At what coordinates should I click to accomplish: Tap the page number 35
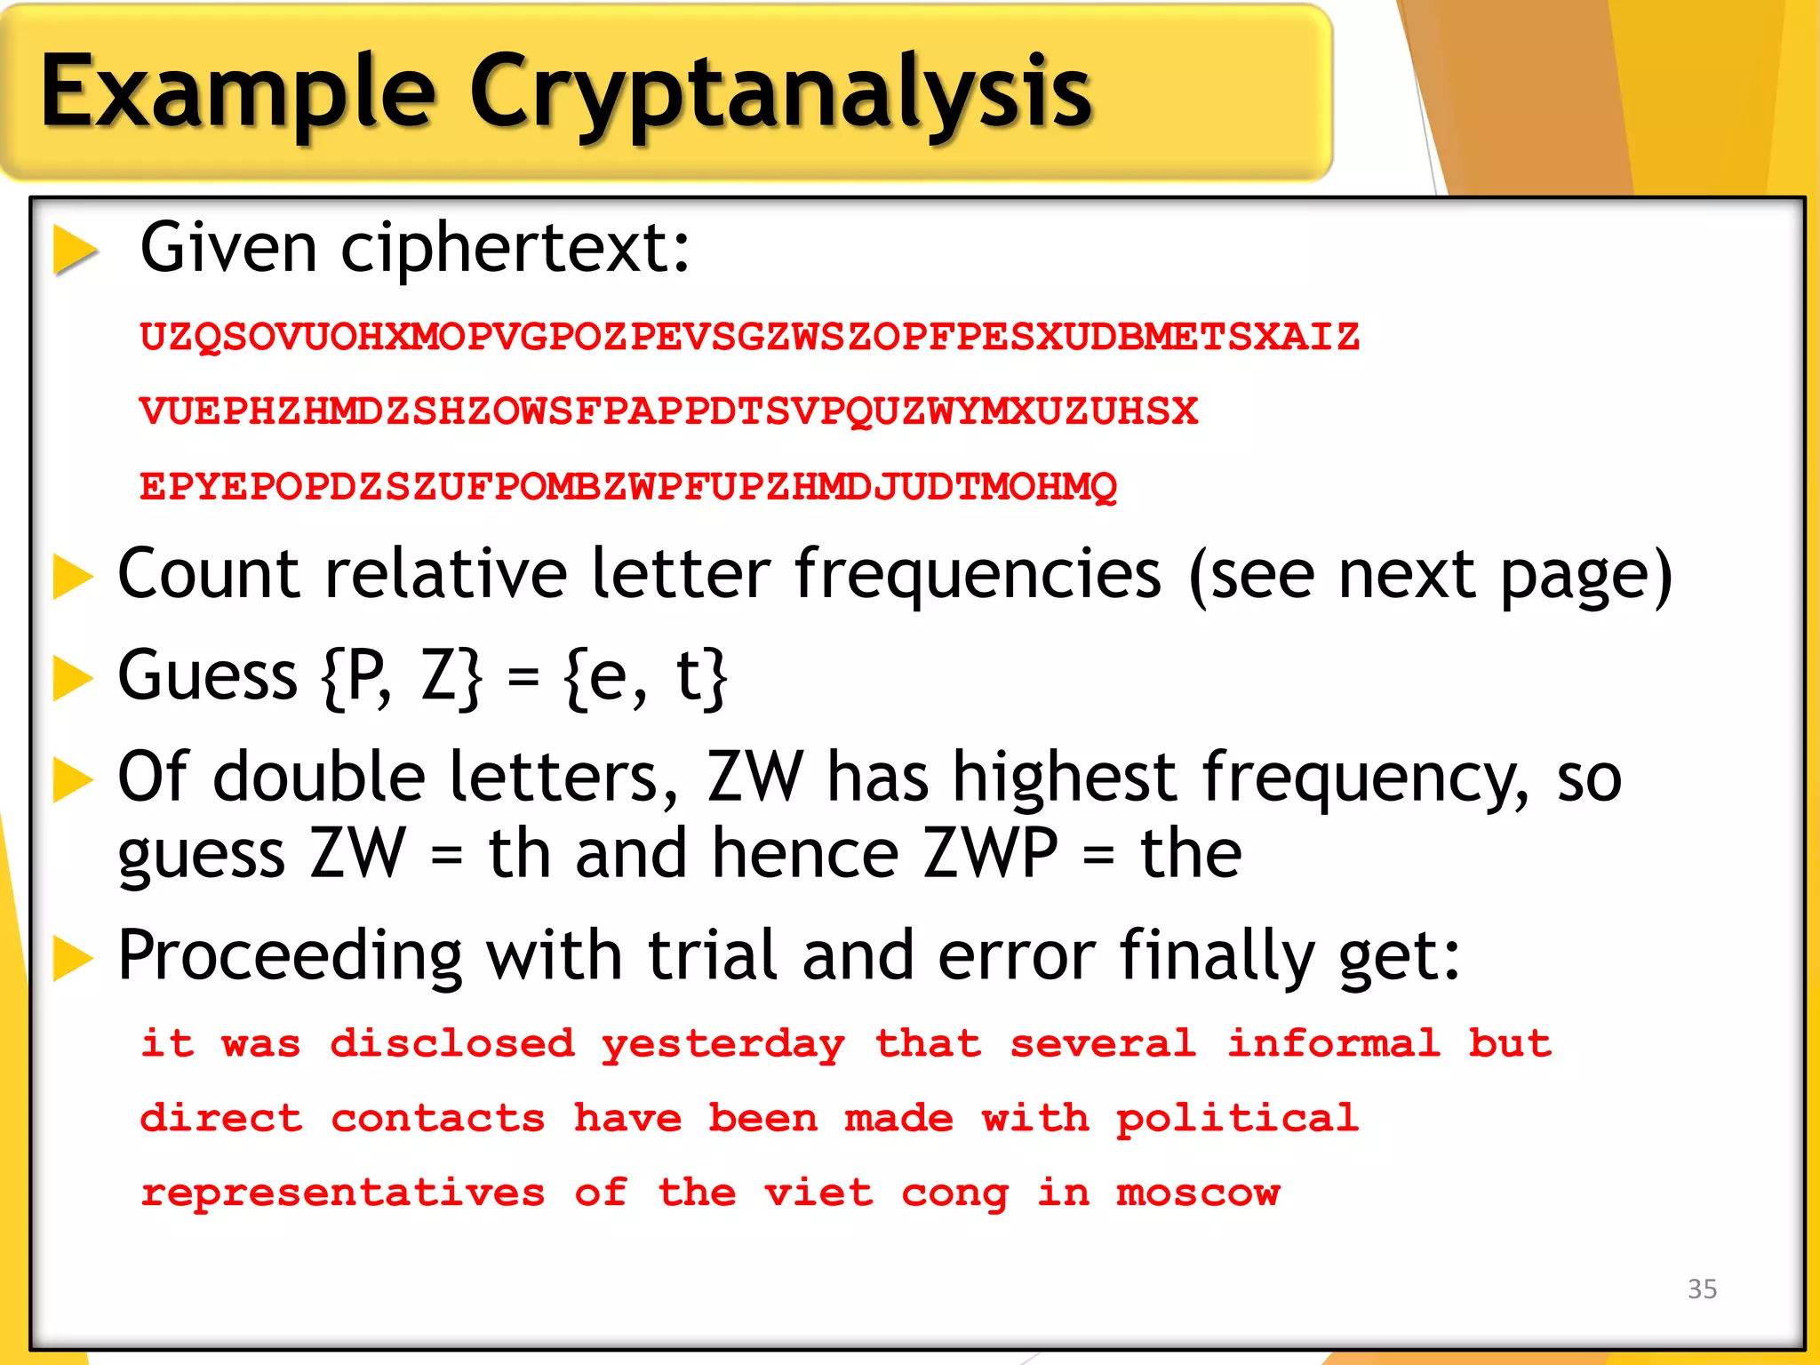[1702, 1289]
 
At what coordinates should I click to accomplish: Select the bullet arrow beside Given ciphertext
[75, 250]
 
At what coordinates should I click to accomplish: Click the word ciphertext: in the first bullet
[515, 248]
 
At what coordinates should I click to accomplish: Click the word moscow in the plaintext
[1198, 1193]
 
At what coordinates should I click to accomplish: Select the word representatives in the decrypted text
[343, 1193]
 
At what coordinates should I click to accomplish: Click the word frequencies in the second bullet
[978, 574]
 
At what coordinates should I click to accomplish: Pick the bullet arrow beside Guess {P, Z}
[73, 678]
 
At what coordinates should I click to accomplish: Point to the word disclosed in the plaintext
[452, 1044]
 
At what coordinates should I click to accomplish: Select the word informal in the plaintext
[1333, 1044]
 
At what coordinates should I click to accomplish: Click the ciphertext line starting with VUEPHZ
[669, 411]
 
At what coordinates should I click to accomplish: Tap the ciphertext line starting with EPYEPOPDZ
[628, 487]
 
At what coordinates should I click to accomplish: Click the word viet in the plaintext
[818, 1193]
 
